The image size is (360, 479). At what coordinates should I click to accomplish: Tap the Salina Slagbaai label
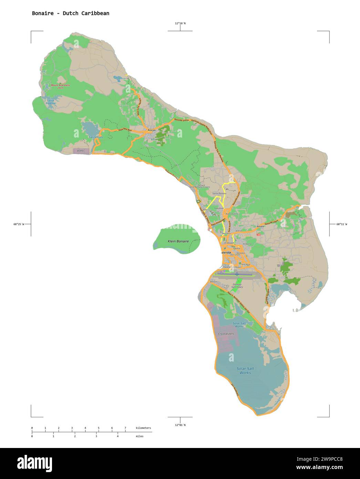coord(51,102)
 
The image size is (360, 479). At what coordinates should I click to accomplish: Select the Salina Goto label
coord(96,137)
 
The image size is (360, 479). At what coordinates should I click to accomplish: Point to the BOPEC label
coord(81,151)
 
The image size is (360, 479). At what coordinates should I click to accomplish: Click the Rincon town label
coord(152,130)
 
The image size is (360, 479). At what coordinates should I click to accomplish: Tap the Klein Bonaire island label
coord(178,241)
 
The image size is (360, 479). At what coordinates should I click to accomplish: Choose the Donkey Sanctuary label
coord(237,286)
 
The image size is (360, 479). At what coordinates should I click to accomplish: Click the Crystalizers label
coord(226,334)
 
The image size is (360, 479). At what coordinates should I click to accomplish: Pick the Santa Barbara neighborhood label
coord(219,193)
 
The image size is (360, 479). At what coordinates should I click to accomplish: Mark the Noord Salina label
coord(232,214)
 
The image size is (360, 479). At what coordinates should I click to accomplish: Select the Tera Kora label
coord(246,264)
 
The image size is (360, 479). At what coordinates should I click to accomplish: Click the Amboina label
coord(247,244)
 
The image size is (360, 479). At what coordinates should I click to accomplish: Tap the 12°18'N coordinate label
coord(180,23)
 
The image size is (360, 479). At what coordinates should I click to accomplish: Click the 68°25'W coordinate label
coord(19,224)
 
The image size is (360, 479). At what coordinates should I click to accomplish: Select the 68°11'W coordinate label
coord(342,224)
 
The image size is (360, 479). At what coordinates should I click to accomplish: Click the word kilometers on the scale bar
coord(143,428)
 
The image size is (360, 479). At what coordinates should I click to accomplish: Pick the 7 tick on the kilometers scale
coord(125,428)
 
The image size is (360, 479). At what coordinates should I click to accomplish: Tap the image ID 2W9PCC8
coord(328,459)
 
